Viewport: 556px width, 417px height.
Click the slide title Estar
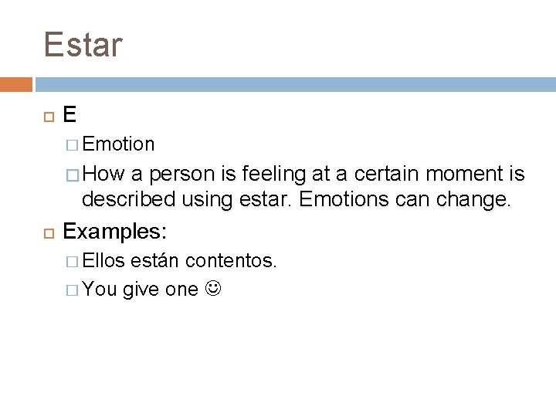pos(83,44)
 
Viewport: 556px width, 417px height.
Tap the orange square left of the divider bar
pos(15,83)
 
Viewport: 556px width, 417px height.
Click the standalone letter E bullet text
pos(69,115)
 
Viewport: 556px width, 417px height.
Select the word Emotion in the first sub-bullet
pos(119,144)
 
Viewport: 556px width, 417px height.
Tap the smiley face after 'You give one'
pos(209,290)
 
